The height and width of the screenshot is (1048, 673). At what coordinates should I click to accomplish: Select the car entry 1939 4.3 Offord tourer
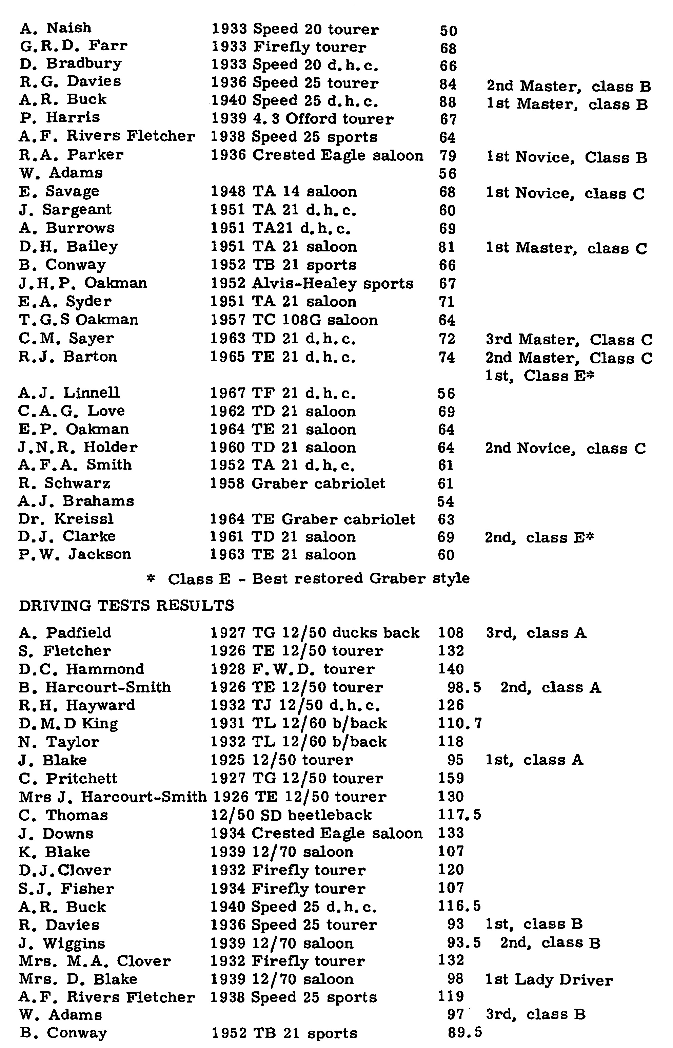coord(302,119)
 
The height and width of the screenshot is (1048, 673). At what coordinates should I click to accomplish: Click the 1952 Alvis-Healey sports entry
coord(312,284)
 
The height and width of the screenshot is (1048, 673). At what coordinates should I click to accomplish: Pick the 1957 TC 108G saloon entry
coord(294,320)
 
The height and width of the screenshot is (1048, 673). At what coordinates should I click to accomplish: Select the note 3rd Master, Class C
coord(569,340)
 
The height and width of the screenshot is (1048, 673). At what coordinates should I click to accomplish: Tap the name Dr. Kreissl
coord(66,519)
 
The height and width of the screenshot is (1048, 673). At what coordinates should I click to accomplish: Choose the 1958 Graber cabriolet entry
coord(298,483)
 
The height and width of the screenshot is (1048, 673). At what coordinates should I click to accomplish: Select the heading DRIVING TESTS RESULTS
coord(127,606)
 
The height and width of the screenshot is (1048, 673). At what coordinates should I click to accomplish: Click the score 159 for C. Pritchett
coord(451,778)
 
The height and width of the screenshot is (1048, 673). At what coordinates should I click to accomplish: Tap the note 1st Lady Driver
coord(549,980)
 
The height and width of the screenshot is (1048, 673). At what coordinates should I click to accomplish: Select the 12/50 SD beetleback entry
coord(291,815)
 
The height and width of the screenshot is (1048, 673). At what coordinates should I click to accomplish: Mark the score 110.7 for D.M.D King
coord(460,724)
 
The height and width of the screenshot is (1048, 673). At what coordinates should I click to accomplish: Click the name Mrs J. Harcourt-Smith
coord(113,797)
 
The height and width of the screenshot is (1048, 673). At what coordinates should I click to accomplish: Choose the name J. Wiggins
coord(62,943)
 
